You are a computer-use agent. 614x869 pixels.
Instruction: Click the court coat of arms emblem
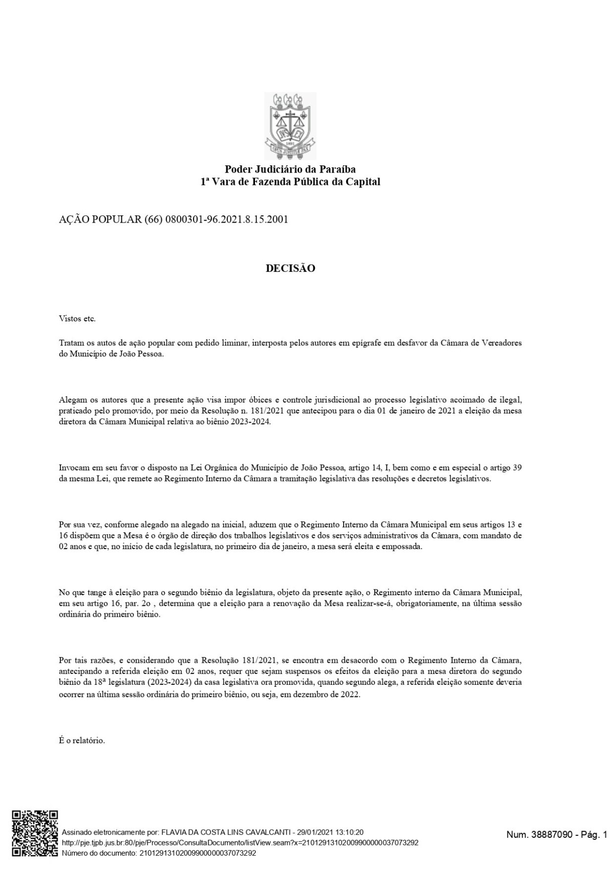click(x=290, y=125)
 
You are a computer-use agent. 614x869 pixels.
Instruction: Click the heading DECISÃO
click(x=290, y=268)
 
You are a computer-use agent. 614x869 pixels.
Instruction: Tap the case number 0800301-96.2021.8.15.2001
click(x=227, y=220)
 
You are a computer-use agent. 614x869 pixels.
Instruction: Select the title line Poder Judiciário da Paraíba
click(x=290, y=169)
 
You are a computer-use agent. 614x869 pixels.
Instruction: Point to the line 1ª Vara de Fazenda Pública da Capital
click(x=290, y=182)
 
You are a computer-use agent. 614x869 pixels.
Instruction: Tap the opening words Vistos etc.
click(x=77, y=319)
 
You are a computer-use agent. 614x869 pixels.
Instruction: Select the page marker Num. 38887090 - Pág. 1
click(x=556, y=835)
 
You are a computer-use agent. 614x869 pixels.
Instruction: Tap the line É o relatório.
click(x=82, y=740)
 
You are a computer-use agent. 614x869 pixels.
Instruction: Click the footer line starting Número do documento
click(x=159, y=853)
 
